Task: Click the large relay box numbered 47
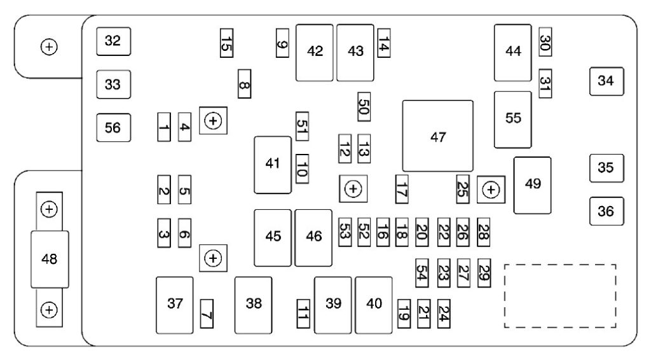(x=437, y=135)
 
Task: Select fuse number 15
(x=226, y=43)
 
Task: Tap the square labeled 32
(x=113, y=41)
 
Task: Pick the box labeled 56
(x=113, y=127)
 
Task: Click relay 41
(x=273, y=165)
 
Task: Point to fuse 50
(x=364, y=107)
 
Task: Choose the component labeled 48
(x=50, y=260)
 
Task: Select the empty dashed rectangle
(x=560, y=296)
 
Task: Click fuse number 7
(x=207, y=314)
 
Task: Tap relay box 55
(x=513, y=120)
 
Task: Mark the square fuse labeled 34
(x=606, y=81)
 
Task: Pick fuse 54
(x=422, y=273)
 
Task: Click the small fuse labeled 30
(x=545, y=41)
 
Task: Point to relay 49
(x=532, y=185)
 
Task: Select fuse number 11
(x=303, y=314)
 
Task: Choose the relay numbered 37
(x=174, y=305)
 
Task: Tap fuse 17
(x=402, y=189)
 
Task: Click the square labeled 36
(x=606, y=211)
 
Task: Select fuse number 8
(x=245, y=84)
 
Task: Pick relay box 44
(x=513, y=53)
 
